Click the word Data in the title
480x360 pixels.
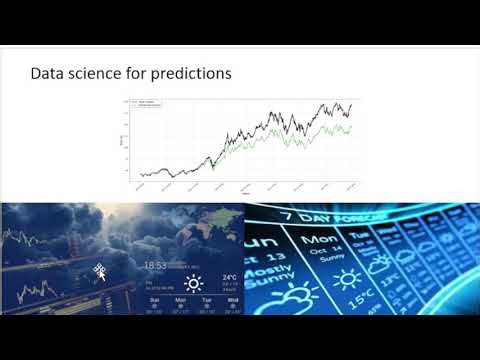tap(47, 73)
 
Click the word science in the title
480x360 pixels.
tap(92, 73)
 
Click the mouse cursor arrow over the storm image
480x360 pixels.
tap(100, 270)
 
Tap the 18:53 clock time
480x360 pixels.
tap(154, 265)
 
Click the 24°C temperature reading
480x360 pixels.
tap(229, 277)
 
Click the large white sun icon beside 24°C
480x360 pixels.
tap(193, 283)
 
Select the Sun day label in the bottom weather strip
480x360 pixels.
tap(154, 299)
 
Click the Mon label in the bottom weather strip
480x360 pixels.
tap(181, 299)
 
